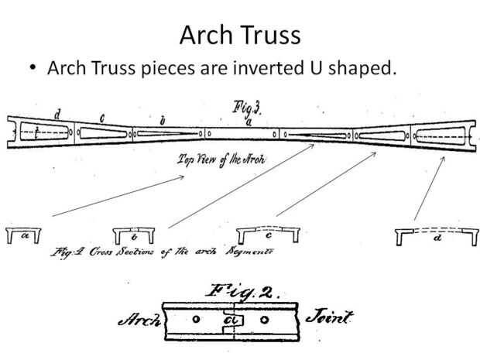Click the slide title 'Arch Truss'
[239, 33]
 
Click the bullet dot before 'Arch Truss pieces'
[32, 70]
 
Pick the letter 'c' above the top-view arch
[103, 118]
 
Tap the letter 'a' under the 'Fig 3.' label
[248, 122]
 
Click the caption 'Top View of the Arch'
[221, 160]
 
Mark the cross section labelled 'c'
[267, 234]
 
